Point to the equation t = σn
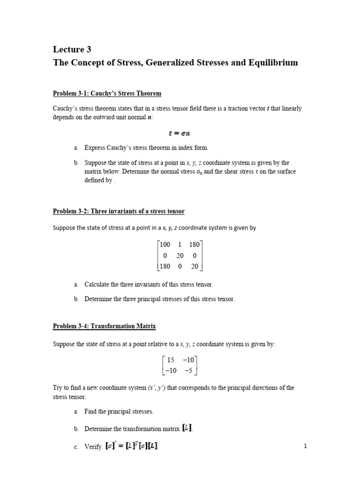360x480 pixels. click(x=180, y=133)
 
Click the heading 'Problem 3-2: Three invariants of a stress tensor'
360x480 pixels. click(x=119, y=211)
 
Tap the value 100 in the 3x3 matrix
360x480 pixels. click(x=165, y=244)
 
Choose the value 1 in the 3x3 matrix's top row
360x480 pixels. click(x=180, y=244)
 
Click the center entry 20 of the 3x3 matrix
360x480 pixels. click(x=180, y=255)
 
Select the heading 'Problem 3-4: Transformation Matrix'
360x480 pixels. click(x=104, y=326)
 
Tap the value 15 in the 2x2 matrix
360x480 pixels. click(x=171, y=360)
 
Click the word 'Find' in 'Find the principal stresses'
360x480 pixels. click(x=90, y=411)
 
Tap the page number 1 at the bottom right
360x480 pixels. click(x=305, y=446)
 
